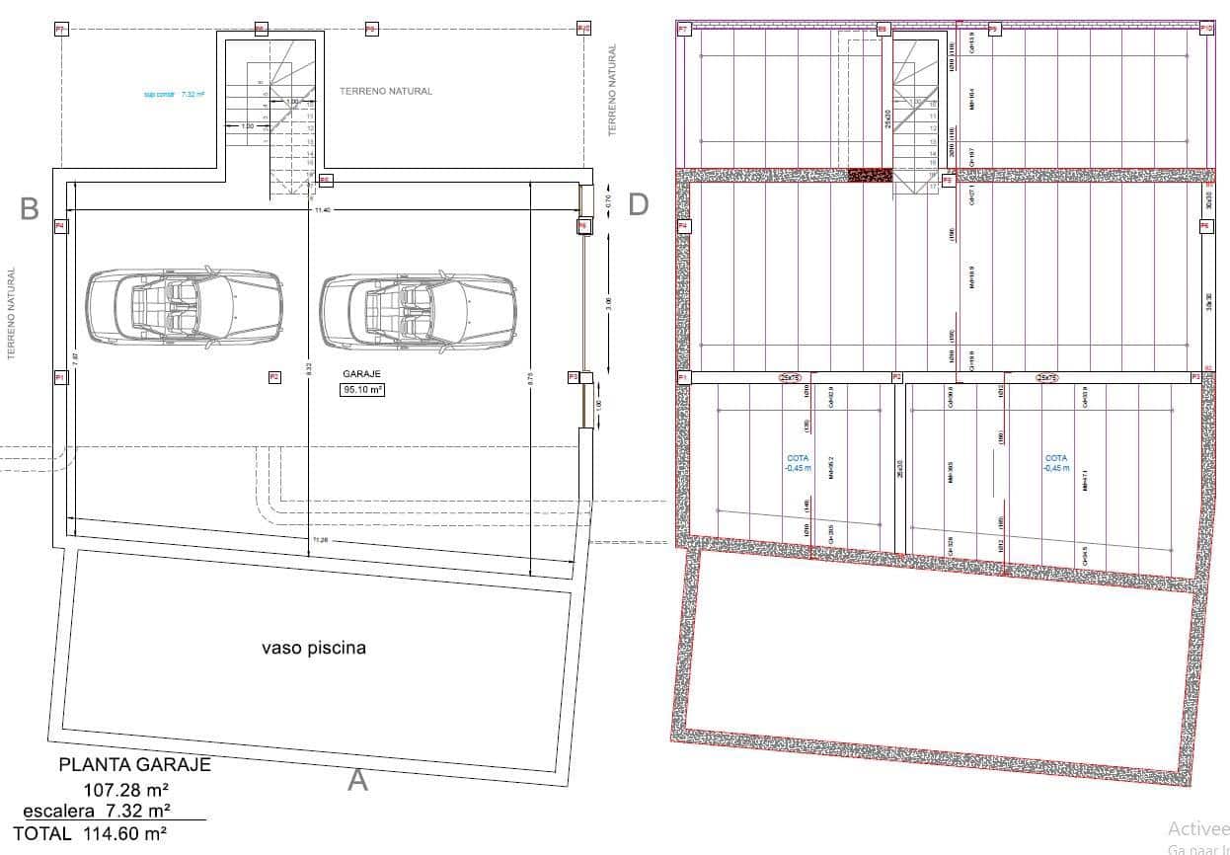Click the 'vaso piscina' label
point(314,649)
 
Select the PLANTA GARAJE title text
point(134,764)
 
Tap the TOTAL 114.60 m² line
point(89,834)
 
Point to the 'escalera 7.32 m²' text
point(97,811)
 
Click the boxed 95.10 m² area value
point(362,390)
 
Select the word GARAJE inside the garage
point(362,375)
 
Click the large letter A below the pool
point(357,781)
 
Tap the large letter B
point(30,208)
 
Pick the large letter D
point(639,204)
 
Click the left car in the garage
point(185,308)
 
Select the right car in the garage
point(418,308)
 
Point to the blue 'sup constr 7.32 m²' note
point(174,95)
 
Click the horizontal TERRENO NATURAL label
point(386,91)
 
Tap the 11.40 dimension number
point(322,210)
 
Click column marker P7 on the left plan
point(60,30)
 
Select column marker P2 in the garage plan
point(274,376)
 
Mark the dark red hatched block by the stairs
point(870,175)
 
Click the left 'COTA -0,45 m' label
point(797,463)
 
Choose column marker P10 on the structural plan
point(1206,30)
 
